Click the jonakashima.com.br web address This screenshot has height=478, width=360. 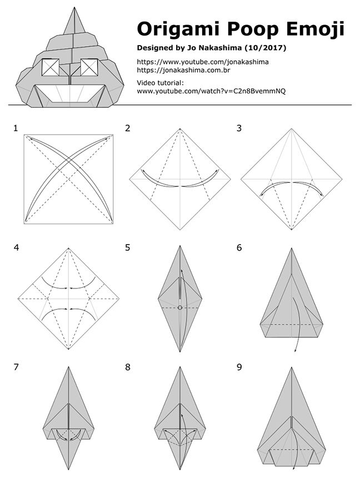click(183, 71)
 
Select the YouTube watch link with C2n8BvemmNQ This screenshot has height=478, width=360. click(211, 91)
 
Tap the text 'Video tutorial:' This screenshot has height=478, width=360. click(161, 83)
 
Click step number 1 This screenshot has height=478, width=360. click(16, 128)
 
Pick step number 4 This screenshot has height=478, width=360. click(16, 247)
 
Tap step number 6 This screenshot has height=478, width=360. click(239, 247)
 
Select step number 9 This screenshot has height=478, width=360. click(239, 367)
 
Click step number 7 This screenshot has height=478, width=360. click(16, 367)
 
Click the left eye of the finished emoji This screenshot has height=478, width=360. click(51, 67)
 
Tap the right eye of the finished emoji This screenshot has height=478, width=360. click(89, 67)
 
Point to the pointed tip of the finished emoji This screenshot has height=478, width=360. click(74, 7)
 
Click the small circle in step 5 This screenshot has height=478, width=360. click(180, 307)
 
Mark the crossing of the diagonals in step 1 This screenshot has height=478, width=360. click(68, 179)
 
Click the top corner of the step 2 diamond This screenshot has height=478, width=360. click(180, 129)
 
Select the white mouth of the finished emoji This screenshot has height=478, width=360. click(69, 93)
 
